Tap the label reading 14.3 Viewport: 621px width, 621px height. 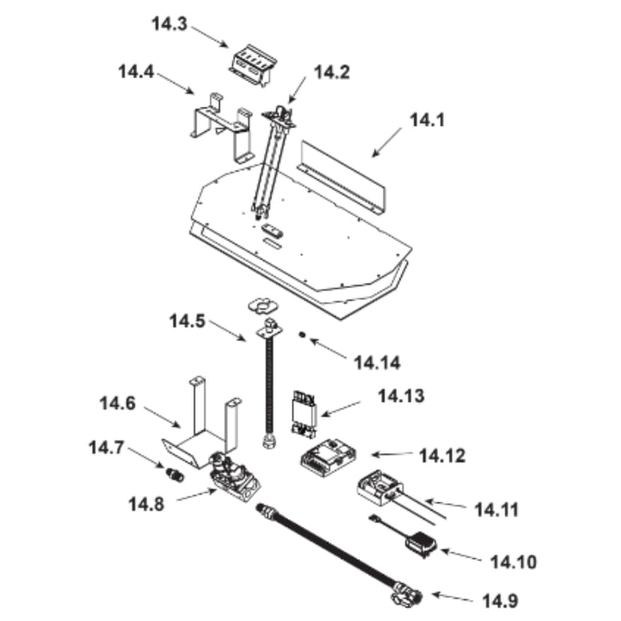coord(169,23)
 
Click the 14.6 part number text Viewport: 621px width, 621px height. coord(118,403)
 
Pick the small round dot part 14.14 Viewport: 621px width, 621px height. coord(301,335)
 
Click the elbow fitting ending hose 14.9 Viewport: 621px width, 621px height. coord(406,598)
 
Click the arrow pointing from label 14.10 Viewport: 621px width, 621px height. coord(463,555)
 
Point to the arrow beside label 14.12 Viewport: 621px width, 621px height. coord(392,454)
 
